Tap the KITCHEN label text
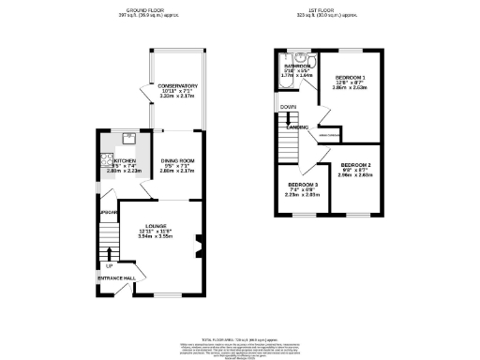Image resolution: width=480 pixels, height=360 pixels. [113, 160]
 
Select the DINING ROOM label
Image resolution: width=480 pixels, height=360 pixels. [176, 160]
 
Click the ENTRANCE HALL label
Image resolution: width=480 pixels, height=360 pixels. [115, 278]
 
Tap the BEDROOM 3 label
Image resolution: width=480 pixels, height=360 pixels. [303, 184]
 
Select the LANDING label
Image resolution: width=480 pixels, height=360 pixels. [298, 126]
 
